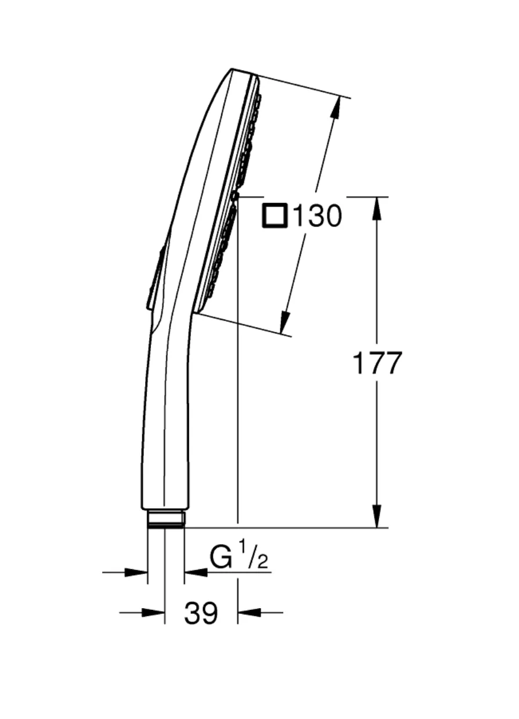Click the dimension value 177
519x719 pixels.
(377, 363)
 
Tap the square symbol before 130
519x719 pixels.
(275, 215)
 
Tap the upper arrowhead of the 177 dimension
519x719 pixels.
(377, 208)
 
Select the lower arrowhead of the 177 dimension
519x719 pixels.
(377, 516)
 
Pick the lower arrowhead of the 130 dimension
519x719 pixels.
(284, 322)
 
